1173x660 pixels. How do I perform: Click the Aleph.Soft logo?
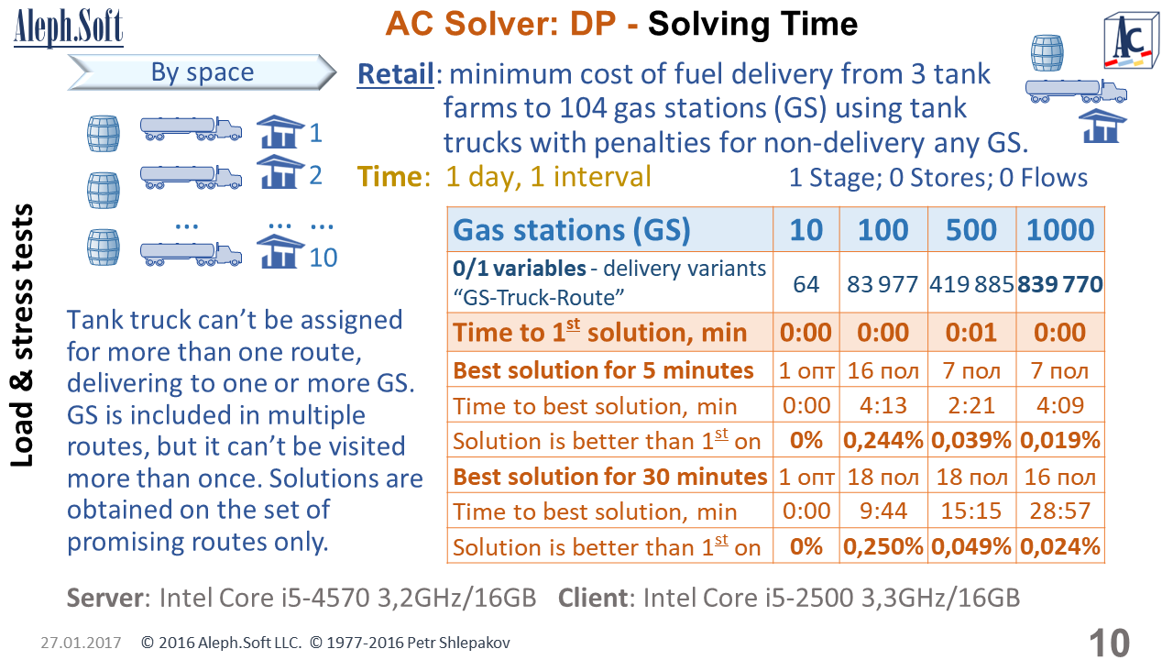pyautogui.click(x=69, y=27)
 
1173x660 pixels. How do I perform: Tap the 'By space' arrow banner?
pyautogui.click(x=203, y=72)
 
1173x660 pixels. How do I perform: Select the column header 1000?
pyautogui.click(x=1060, y=229)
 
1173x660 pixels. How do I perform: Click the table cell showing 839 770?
pyautogui.click(x=1060, y=284)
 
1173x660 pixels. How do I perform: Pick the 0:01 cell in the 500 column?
pyautogui.click(x=971, y=332)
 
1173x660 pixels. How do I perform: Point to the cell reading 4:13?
pyautogui.click(x=883, y=405)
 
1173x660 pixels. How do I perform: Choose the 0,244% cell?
pyautogui.click(x=883, y=440)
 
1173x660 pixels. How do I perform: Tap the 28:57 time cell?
pyautogui.click(x=1060, y=511)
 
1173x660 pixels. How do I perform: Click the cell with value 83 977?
pyautogui.click(x=883, y=284)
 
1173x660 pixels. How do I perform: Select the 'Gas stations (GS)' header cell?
pyautogui.click(x=610, y=229)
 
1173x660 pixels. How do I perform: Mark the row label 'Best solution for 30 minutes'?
pyautogui.click(x=610, y=476)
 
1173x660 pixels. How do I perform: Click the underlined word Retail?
pyautogui.click(x=395, y=74)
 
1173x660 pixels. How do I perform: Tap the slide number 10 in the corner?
pyautogui.click(x=1109, y=643)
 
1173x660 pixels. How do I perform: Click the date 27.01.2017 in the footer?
pyautogui.click(x=81, y=643)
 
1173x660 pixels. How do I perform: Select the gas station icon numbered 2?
pyautogui.click(x=280, y=171)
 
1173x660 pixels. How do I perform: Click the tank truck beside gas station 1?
pyautogui.click(x=192, y=129)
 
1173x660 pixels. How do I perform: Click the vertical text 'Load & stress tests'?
pyautogui.click(x=22, y=335)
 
